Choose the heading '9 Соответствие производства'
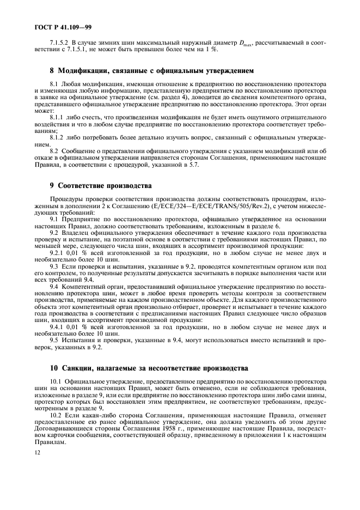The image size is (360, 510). tap(101, 185)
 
